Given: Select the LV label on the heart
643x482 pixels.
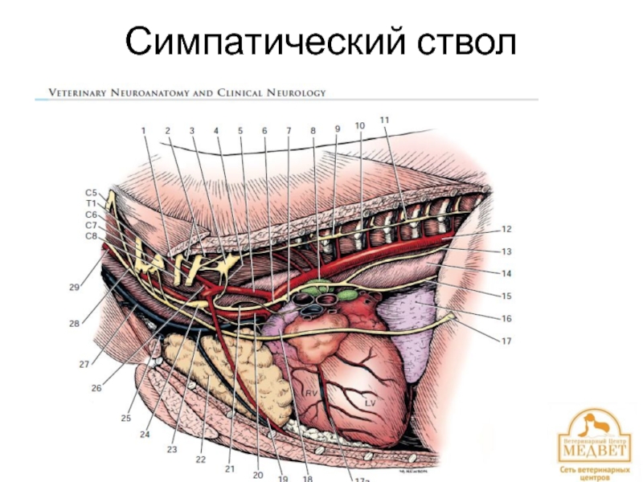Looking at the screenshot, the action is (371, 401).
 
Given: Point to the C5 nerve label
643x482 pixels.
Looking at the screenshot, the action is (91, 193).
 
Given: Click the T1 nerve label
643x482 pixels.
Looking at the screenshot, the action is (91, 204).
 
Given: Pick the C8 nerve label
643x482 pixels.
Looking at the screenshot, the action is (91, 236).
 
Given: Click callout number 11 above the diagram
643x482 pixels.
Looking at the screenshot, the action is (385, 120).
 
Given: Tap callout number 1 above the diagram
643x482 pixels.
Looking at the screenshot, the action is (144, 130).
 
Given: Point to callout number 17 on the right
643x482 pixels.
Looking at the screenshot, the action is (506, 341).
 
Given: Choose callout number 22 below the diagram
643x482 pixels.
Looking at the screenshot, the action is (200, 460).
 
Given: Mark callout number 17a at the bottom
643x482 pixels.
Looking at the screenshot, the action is (362, 480).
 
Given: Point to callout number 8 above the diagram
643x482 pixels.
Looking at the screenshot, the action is (313, 129).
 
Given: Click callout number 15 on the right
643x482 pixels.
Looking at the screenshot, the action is (506, 296).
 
